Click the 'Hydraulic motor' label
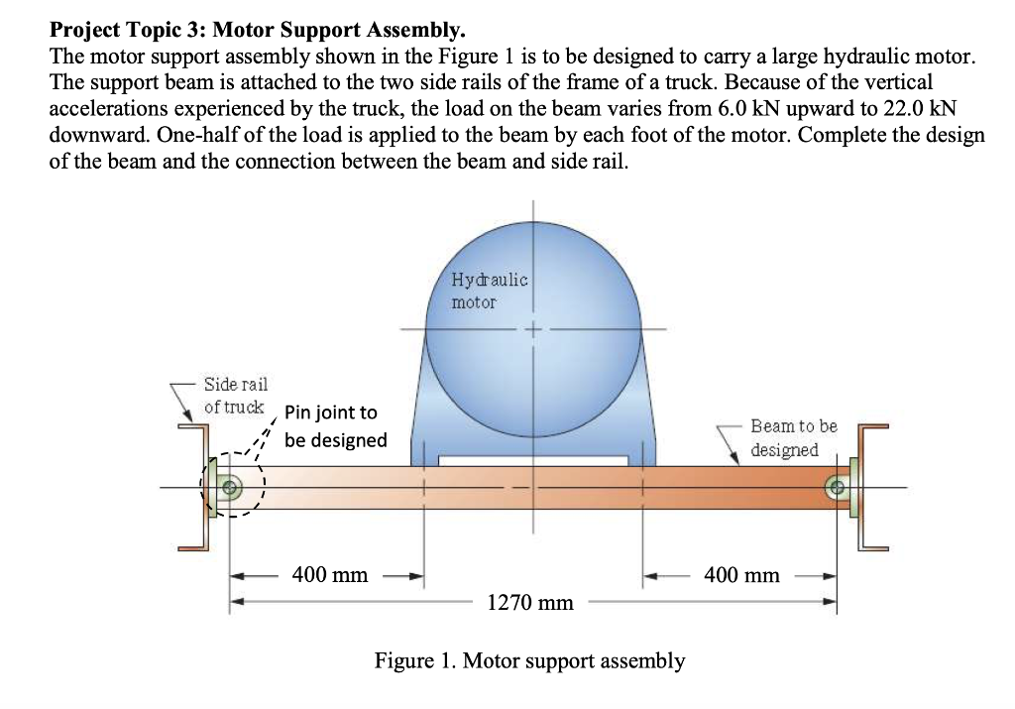pos(489,291)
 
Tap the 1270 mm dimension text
pos(530,602)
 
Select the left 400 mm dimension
pos(329,575)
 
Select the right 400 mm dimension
pos(741,575)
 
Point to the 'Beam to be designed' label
pos(793,437)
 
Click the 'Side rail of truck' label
pos(235,395)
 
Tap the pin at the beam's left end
pos(231,487)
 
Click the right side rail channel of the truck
pos(867,486)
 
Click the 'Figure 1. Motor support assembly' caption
pos(529,660)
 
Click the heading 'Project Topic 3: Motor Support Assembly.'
pos(257,34)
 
